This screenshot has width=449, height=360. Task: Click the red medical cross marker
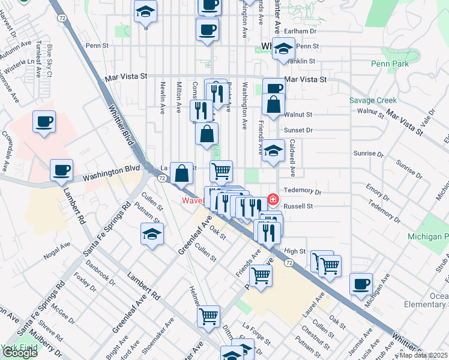coord(273,199)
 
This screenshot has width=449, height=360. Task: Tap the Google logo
coord(19,353)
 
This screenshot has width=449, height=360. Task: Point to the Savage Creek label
coord(373,101)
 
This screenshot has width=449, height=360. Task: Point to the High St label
coord(295,251)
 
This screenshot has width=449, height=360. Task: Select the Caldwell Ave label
coord(292,158)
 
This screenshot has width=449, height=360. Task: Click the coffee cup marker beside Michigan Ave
coord(361,284)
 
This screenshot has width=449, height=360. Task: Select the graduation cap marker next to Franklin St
coord(283,49)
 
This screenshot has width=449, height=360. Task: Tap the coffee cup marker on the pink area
coord(44,122)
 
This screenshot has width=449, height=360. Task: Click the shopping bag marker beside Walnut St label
coord(273,104)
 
